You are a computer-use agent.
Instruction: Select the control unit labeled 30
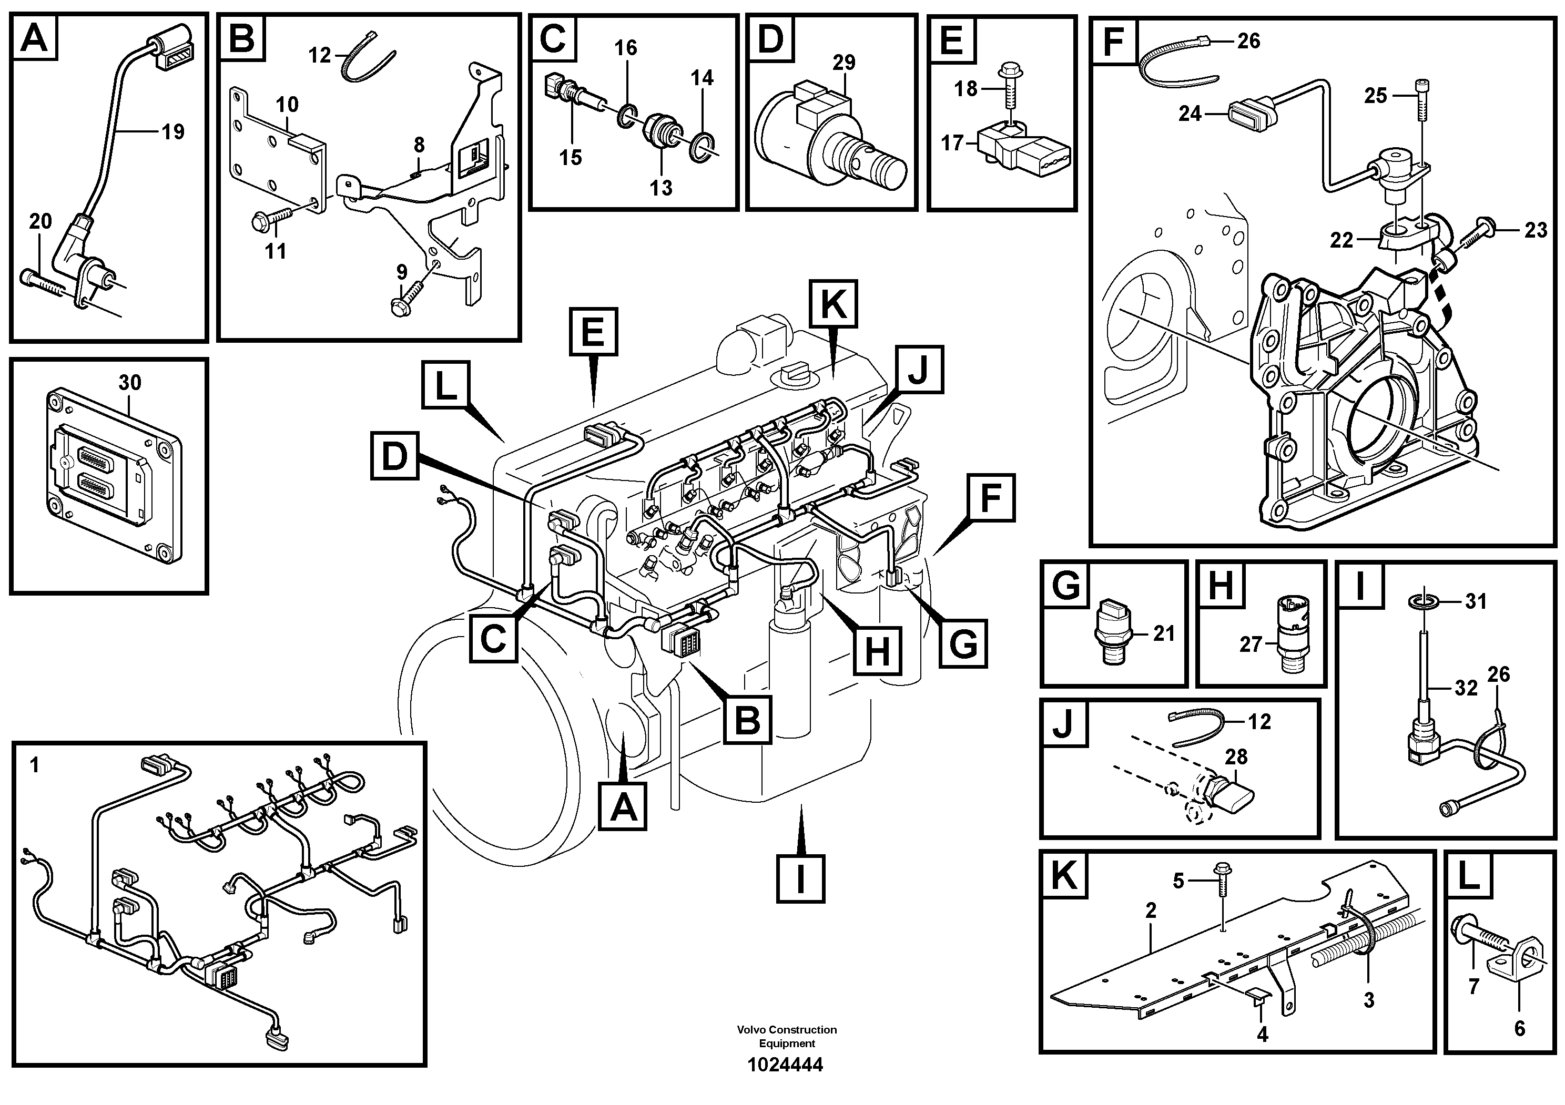pyautogui.click(x=113, y=477)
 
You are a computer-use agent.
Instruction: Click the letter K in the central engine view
pyautogui.click(x=834, y=304)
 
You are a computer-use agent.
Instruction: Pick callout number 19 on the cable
pyautogui.click(x=173, y=131)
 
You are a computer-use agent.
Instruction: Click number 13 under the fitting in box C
pyautogui.click(x=660, y=187)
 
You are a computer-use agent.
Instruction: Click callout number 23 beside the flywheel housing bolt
pyautogui.click(x=1535, y=230)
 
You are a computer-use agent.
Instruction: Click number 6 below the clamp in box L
pyautogui.click(x=1519, y=1028)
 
